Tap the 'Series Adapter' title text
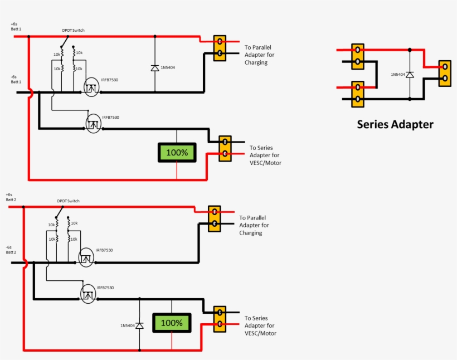pos(395,124)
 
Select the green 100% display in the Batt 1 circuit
pos(177,152)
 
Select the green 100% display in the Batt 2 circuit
pos(172,323)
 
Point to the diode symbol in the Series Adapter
pos(410,75)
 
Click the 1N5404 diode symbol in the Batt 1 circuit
pos(154,68)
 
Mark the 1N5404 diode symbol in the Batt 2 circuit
pos(139,325)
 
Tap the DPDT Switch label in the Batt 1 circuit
pos(73,31)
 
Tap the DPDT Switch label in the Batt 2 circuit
pos(68,201)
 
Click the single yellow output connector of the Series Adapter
pos(444,72)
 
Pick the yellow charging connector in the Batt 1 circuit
pos(220,47)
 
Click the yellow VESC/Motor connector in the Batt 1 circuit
pos(225,148)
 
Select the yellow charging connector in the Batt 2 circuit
pos(215,218)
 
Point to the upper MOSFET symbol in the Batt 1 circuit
pos(90,86)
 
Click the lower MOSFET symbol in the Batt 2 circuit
pos(87,294)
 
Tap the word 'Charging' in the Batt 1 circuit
pos(256,62)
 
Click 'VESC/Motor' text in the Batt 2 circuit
pos(260,333)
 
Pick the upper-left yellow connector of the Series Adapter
pos(357,56)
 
